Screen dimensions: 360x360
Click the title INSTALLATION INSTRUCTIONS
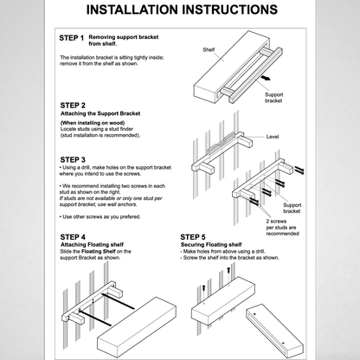click(x=182, y=10)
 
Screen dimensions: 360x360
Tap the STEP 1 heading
click(x=72, y=38)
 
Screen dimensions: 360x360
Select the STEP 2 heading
click(x=73, y=106)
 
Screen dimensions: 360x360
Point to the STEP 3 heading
click(x=73, y=160)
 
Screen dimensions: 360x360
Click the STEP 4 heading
click(x=73, y=237)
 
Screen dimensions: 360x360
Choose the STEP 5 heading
click(x=193, y=237)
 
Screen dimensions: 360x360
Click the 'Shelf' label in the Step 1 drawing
click(x=209, y=49)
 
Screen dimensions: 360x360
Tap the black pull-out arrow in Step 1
click(x=265, y=78)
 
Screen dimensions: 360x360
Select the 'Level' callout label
click(x=273, y=137)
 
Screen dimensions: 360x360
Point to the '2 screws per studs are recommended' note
click(x=282, y=228)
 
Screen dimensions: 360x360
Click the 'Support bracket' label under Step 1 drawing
click(x=273, y=98)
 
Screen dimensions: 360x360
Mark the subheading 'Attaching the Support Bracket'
click(x=100, y=113)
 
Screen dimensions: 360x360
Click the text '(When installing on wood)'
click(x=93, y=123)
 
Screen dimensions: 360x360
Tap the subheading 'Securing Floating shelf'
click(x=211, y=245)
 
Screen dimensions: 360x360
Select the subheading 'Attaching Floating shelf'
click(x=92, y=245)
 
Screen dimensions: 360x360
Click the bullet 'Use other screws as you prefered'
click(x=100, y=216)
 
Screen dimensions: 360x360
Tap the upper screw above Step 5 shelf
click(x=228, y=271)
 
